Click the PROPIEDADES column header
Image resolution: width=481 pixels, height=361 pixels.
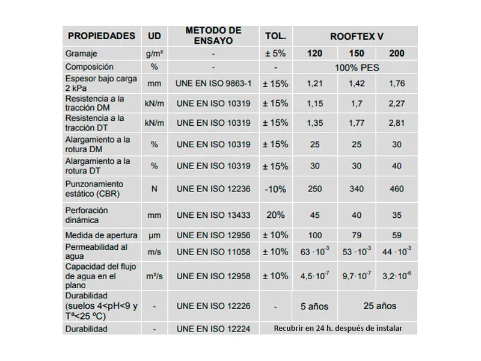click(100, 35)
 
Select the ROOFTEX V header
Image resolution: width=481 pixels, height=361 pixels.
click(357, 35)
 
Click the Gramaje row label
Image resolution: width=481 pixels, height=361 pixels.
click(81, 54)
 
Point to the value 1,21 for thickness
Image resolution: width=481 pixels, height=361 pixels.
click(315, 84)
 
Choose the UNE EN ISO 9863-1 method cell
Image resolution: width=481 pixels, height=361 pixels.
click(213, 84)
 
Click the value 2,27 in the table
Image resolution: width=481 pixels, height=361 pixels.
click(397, 103)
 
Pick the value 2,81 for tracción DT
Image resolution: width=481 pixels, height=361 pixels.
click(397, 123)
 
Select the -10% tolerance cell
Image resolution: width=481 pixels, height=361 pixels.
click(275, 189)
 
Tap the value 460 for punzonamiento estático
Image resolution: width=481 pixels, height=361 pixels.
click(397, 189)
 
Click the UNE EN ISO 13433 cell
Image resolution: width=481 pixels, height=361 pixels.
click(213, 215)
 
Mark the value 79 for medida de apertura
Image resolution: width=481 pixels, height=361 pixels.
click(357, 235)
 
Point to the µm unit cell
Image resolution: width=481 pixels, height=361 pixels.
click(155, 235)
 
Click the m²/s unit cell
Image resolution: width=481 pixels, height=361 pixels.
click(155, 276)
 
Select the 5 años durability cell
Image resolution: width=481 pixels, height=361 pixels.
click(315, 306)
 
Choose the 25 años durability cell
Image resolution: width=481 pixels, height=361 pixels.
click(379, 306)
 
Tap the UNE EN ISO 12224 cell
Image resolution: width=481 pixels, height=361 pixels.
click(213, 329)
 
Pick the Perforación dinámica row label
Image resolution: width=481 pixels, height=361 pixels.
click(87, 215)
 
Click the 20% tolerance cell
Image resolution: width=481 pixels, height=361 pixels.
click(275, 215)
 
